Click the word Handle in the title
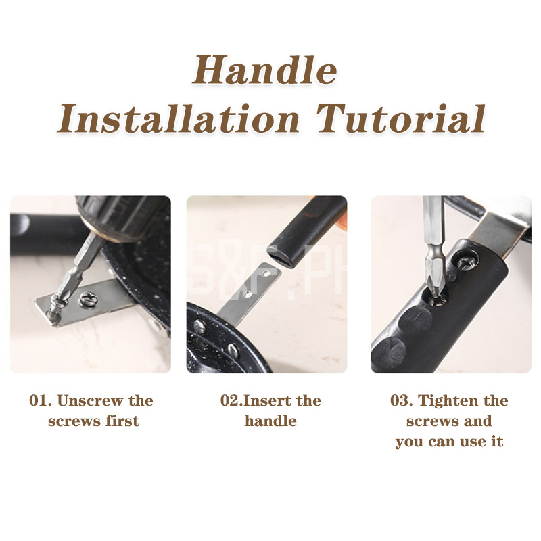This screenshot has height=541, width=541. (x=264, y=70)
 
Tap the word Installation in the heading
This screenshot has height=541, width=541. (x=178, y=119)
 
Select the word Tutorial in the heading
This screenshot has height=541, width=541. (x=401, y=119)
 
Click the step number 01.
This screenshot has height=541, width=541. (x=41, y=400)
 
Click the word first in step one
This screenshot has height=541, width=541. (x=122, y=421)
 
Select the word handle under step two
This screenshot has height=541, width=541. (x=270, y=421)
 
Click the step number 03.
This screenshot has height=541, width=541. (x=402, y=400)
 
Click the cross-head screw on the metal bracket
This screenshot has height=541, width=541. (x=89, y=299)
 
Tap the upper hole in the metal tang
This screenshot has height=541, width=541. (x=266, y=274)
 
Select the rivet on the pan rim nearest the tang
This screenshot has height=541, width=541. (x=199, y=326)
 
